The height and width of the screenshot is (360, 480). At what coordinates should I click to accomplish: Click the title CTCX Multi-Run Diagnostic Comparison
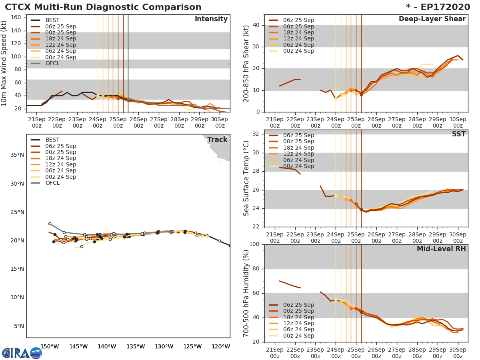click(x=103, y=7)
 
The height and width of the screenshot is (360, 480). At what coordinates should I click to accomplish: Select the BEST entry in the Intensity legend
click(x=52, y=20)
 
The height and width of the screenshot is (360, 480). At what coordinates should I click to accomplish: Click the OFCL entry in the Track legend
click(x=52, y=183)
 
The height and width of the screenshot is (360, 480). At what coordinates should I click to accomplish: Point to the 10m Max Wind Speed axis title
click(x=5, y=62)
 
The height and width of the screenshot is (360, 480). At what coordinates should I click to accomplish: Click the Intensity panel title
click(x=211, y=19)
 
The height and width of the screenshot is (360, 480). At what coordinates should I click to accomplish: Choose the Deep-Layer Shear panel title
click(x=432, y=19)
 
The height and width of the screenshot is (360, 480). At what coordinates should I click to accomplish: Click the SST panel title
click(x=458, y=134)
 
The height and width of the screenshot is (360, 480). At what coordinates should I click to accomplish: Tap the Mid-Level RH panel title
click(x=441, y=249)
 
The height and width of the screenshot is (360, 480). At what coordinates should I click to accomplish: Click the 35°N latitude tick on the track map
click(x=17, y=155)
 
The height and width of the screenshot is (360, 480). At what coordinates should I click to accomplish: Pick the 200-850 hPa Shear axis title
click(x=246, y=64)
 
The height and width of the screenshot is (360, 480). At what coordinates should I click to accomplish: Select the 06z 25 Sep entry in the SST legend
click(x=298, y=136)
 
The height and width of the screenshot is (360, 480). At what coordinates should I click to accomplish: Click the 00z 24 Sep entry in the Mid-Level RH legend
click(x=298, y=336)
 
